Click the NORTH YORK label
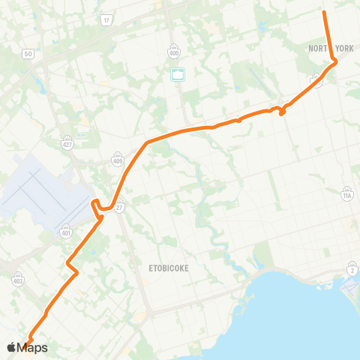click(331, 48)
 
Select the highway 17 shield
click(107, 20)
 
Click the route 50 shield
click(28, 53)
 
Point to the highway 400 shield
click(173, 52)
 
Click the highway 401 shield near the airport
click(65, 231)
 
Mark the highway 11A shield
click(346, 194)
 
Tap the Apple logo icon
click(11, 346)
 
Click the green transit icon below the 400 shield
click(178, 73)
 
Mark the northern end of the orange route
click(324, 11)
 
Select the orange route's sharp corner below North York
click(334, 62)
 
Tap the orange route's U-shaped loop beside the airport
click(96, 205)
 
